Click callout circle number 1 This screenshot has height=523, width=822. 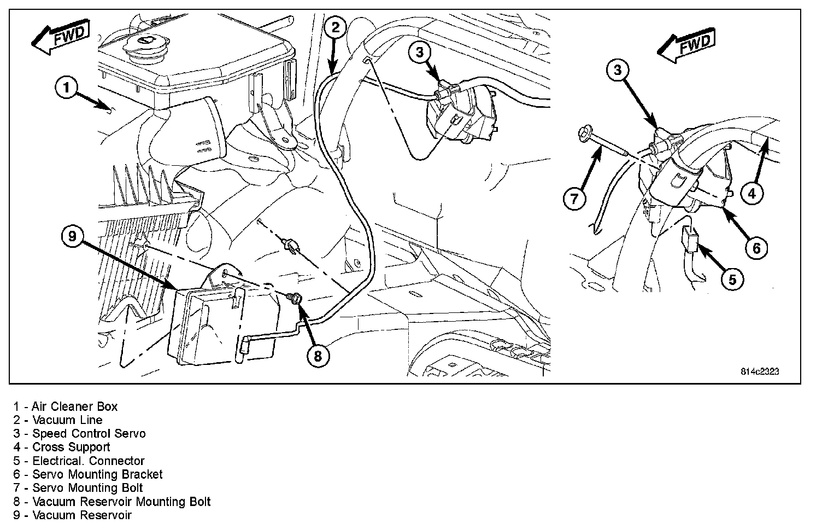66,88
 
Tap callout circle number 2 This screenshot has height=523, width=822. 335,27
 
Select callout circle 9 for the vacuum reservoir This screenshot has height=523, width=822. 73,237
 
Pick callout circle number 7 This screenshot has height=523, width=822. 574,198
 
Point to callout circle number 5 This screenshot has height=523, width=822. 732,280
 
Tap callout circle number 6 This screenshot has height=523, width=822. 756,248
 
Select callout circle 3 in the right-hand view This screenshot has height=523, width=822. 617,70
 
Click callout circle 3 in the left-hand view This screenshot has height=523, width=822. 419,52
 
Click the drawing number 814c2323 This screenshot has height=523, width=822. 760,371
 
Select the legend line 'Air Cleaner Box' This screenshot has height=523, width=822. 66,406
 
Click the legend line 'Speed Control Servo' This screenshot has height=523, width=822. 80,434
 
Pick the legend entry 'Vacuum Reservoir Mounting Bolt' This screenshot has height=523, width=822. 112,502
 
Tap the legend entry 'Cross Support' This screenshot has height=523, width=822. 62,448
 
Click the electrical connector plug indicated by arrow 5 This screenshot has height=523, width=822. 688,241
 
